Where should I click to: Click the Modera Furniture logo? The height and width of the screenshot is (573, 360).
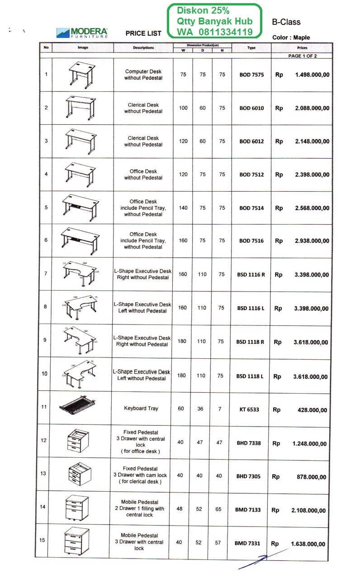pyautogui.click(x=81, y=32)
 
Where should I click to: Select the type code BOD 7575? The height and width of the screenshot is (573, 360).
pyautogui.click(x=251, y=75)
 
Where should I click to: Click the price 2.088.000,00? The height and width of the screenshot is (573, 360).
pyautogui.click(x=312, y=108)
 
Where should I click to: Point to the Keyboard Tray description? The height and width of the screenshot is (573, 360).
pyautogui.click(x=141, y=409)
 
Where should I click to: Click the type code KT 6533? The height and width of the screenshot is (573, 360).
pyautogui.click(x=249, y=409)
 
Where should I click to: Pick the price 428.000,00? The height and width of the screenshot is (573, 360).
pyautogui.click(x=310, y=410)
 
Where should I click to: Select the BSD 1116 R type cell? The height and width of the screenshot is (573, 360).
pyautogui.click(x=251, y=275)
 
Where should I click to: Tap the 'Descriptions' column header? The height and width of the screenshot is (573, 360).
pyautogui.click(x=143, y=47)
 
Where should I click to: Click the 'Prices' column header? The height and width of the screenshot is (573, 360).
pyautogui.click(x=302, y=47)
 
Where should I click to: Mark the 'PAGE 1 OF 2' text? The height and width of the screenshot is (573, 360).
pyautogui.click(x=303, y=56)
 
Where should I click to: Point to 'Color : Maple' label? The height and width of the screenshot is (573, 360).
pyautogui.click(x=291, y=38)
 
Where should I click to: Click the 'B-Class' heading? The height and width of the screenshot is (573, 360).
pyautogui.click(x=286, y=22)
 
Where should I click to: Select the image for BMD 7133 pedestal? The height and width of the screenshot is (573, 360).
pyautogui.click(x=77, y=507)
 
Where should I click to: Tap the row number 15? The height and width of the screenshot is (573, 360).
pyautogui.click(x=42, y=540)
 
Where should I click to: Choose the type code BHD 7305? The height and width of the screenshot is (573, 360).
pyautogui.click(x=248, y=476)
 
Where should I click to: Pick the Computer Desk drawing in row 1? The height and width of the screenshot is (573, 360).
pyautogui.click(x=82, y=74)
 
